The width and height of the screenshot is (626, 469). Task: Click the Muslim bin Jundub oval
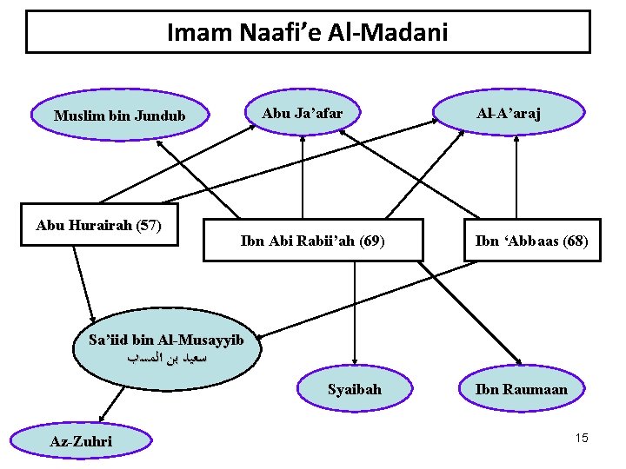coord(120,115)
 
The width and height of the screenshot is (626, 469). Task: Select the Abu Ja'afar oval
coord(303,113)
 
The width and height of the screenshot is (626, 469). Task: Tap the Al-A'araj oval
coord(509,113)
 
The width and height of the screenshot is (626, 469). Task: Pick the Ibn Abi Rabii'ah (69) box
coord(312,240)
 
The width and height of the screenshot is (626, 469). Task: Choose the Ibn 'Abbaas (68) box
coord(531,240)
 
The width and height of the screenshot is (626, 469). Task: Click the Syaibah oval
coord(354,389)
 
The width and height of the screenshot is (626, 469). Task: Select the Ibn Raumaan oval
coord(521,389)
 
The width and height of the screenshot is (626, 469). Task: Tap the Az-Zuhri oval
coord(81,441)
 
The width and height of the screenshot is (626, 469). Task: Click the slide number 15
coord(582,438)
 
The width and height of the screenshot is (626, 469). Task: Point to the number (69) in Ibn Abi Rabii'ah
coord(370,240)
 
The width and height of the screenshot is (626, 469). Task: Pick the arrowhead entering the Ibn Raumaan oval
coord(519,362)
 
